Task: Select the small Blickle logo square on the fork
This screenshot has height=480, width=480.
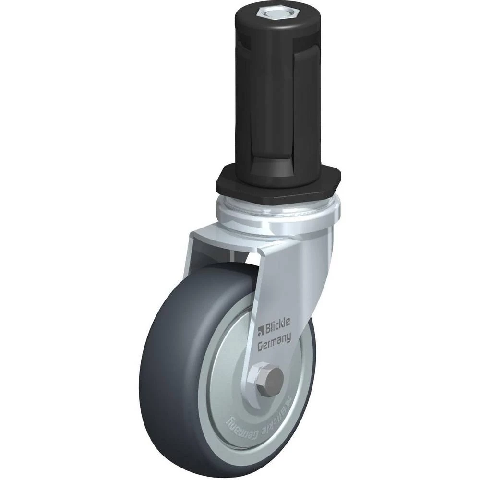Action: [261, 331]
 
